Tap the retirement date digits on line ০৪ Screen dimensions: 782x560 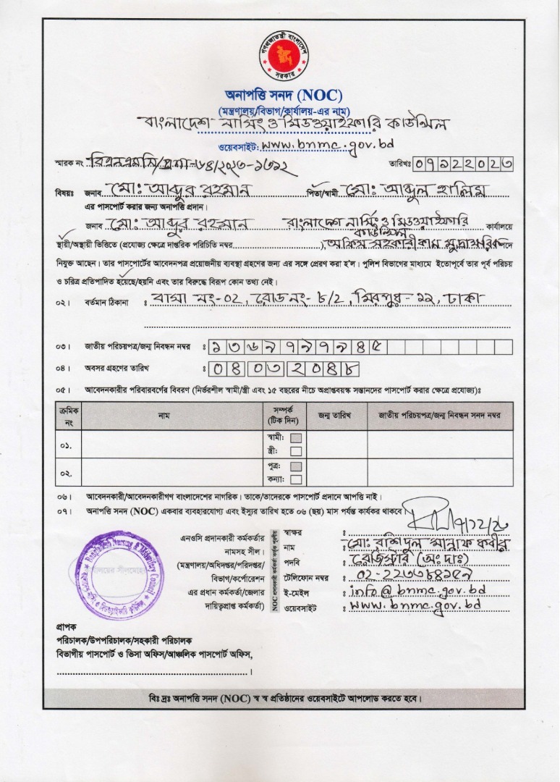click(x=284, y=368)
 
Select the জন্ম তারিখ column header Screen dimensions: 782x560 click(x=335, y=415)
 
